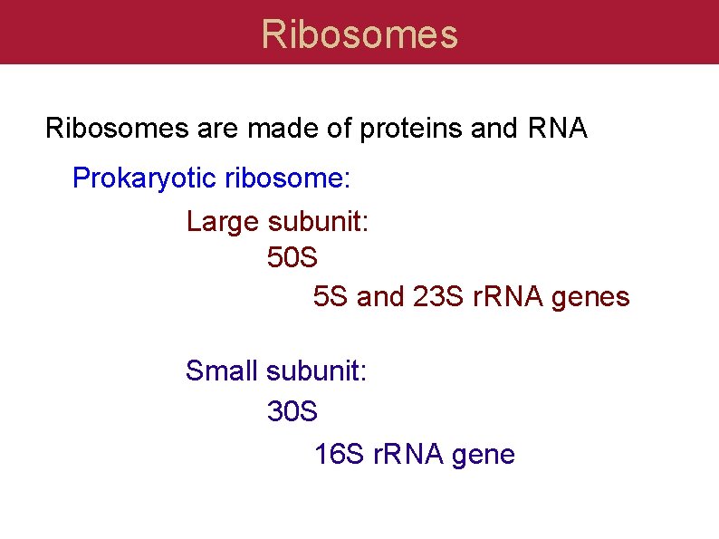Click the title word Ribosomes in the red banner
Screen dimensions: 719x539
click(x=359, y=34)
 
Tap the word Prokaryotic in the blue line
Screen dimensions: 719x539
click(x=145, y=178)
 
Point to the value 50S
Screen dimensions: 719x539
click(x=292, y=259)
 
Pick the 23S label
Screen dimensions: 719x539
click(x=438, y=297)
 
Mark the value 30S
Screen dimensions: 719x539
click(x=292, y=411)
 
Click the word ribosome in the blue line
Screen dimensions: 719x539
click(x=286, y=178)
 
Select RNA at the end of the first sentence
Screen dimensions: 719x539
click(x=557, y=130)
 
